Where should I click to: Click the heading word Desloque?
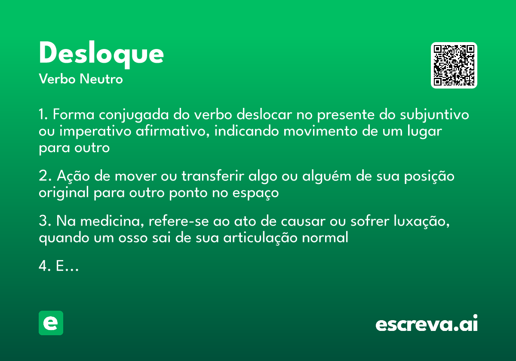tap(101, 54)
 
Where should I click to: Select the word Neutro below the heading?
tap(101, 80)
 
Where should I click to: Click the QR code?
tap(454, 65)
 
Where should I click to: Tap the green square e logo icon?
tap(51, 323)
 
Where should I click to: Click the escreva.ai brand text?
tap(427, 324)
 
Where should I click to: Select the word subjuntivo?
tap(435, 115)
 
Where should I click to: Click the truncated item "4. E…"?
tap(58, 266)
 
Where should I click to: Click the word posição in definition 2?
tap(427, 177)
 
